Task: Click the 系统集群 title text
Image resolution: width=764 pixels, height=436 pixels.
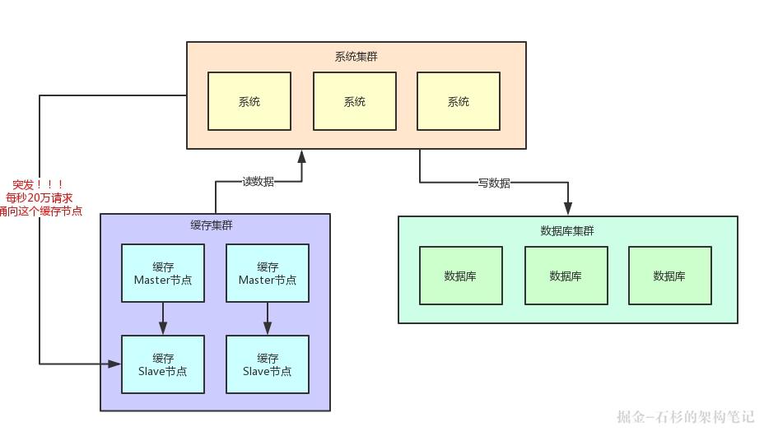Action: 356,57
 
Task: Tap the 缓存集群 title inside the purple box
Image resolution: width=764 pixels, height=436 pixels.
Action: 212,225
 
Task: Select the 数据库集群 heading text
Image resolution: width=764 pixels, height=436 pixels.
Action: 566,230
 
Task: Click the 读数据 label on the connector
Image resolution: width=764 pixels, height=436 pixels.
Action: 258,181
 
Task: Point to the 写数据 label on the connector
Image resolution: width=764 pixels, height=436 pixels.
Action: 494,183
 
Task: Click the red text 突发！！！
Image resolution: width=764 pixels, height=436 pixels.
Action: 39,185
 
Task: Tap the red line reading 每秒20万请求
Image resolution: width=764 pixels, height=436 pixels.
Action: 39,198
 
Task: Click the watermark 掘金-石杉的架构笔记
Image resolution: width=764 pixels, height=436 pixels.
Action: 685,417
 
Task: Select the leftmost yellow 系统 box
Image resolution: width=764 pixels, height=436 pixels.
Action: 249,101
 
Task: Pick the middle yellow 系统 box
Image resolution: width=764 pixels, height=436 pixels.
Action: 354,101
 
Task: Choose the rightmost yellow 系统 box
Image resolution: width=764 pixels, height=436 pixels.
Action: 458,101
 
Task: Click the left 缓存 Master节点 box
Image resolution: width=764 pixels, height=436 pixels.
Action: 162,273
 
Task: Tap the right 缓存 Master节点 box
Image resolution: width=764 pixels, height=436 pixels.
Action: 268,273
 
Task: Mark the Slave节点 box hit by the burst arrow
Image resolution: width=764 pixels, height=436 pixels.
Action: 162,364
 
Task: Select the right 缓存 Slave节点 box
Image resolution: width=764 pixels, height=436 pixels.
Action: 268,364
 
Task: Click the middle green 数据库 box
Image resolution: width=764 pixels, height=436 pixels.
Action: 566,276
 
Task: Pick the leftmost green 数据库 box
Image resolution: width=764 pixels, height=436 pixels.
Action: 460,276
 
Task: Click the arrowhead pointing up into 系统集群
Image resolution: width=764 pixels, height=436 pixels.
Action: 302,155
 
